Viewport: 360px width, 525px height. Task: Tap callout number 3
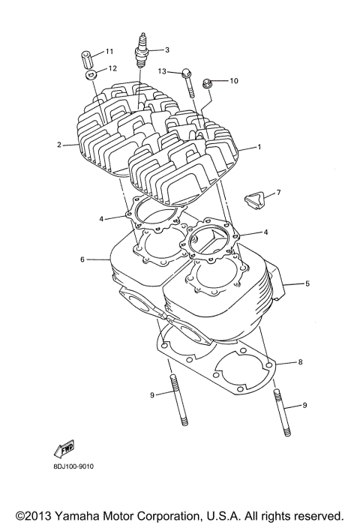click(x=166, y=50)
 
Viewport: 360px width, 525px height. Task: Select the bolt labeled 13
click(x=187, y=81)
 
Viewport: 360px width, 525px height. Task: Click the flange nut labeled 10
click(x=211, y=82)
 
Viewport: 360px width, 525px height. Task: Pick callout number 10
click(x=232, y=80)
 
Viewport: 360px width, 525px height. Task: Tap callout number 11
click(x=109, y=51)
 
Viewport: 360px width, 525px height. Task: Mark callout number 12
click(x=112, y=68)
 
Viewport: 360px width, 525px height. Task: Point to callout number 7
click(x=277, y=193)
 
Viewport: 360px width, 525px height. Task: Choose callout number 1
click(x=259, y=147)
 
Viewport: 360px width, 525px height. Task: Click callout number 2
click(x=58, y=144)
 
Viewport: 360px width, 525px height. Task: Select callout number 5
click(x=307, y=283)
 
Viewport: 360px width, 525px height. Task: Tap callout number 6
click(x=82, y=259)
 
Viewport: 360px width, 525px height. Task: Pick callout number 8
click(x=300, y=362)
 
